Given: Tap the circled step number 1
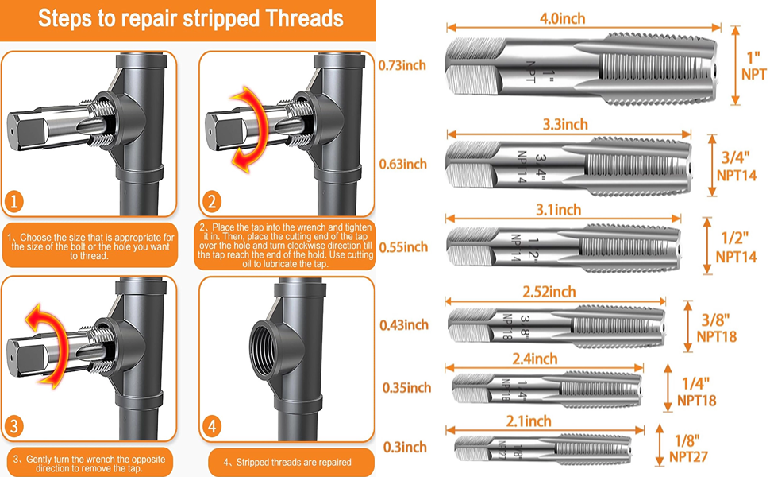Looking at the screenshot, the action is tap(13, 201).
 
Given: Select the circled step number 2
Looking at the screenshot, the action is tap(212, 202).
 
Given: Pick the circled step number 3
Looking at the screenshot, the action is tap(13, 426).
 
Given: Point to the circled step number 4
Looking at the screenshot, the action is tap(212, 426).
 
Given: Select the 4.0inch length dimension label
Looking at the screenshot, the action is tap(562, 19).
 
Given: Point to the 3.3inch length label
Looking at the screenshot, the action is tap(565, 124).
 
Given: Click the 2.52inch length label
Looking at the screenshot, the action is tap(549, 292).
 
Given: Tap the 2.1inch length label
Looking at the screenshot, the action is tap(529, 421).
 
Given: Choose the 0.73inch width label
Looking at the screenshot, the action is tap(402, 65).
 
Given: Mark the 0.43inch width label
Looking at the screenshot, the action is tap(404, 325).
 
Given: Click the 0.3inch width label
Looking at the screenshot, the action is tap(405, 447).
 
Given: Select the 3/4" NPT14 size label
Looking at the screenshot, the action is tap(736, 166).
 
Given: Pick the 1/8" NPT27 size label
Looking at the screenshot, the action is tap(688, 448).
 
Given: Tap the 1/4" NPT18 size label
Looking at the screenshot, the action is tap(697, 391).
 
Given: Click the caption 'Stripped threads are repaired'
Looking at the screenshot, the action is tap(288, 462).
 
